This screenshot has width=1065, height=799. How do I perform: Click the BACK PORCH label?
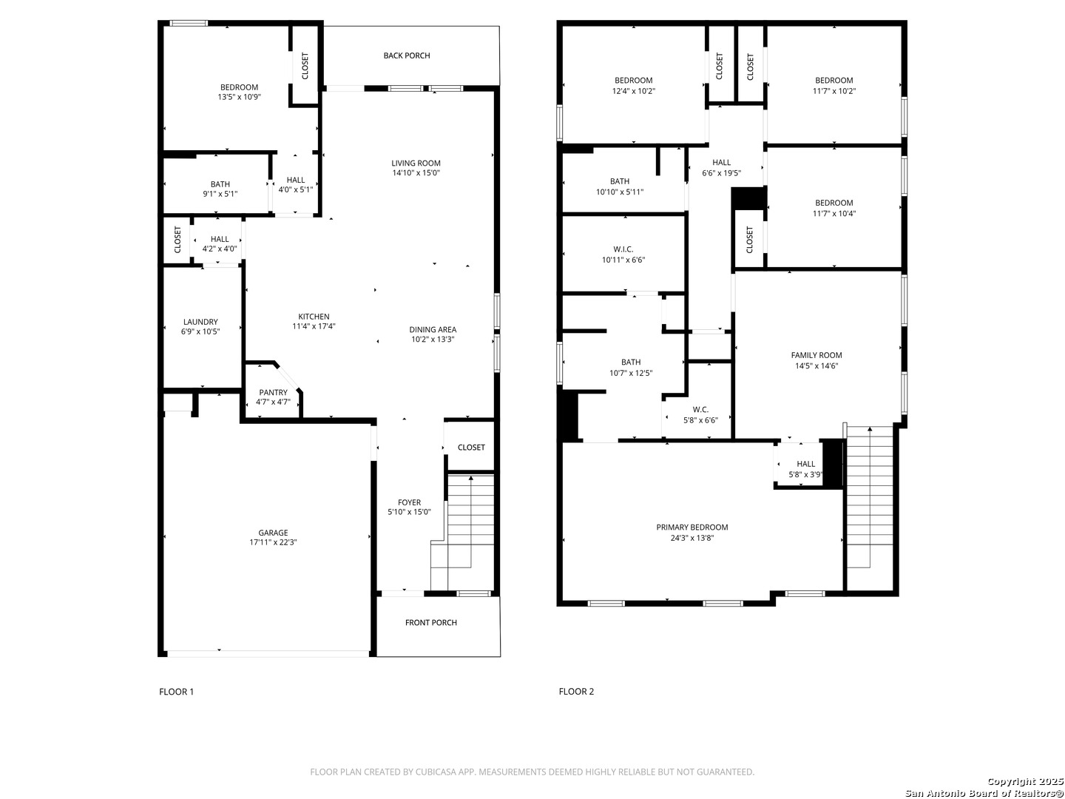[407, 55]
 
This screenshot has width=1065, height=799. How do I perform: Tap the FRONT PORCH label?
[431, 622]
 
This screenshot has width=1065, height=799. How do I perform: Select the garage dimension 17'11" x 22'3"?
[273, 542]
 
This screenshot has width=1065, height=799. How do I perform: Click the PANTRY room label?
[273, 392]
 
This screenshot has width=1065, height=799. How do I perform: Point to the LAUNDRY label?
[200, 322]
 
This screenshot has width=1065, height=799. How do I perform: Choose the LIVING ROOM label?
[416, 163]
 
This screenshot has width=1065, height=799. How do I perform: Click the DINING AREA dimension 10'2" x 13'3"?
[433, 339]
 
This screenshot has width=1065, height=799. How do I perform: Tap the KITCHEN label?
[314, 317]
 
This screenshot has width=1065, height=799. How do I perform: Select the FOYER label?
[409, 502]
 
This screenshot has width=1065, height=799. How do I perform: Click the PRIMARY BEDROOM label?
[692, 527]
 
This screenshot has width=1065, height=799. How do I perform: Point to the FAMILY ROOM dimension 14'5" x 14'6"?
[816, 365]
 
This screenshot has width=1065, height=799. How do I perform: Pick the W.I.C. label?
[623, 249]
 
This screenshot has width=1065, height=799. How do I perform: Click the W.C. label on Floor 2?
[700, 409]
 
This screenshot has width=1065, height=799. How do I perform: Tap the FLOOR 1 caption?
[176, 691]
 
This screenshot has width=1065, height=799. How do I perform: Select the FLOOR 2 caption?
[576, 691]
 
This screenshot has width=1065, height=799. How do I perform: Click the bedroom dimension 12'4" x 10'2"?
[633, 91]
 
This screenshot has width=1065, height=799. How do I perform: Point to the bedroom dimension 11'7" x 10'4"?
[834, 214]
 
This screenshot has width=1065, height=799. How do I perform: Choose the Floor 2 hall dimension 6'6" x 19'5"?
[721, 172]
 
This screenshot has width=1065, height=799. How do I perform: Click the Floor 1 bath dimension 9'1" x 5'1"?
[220, 194]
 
